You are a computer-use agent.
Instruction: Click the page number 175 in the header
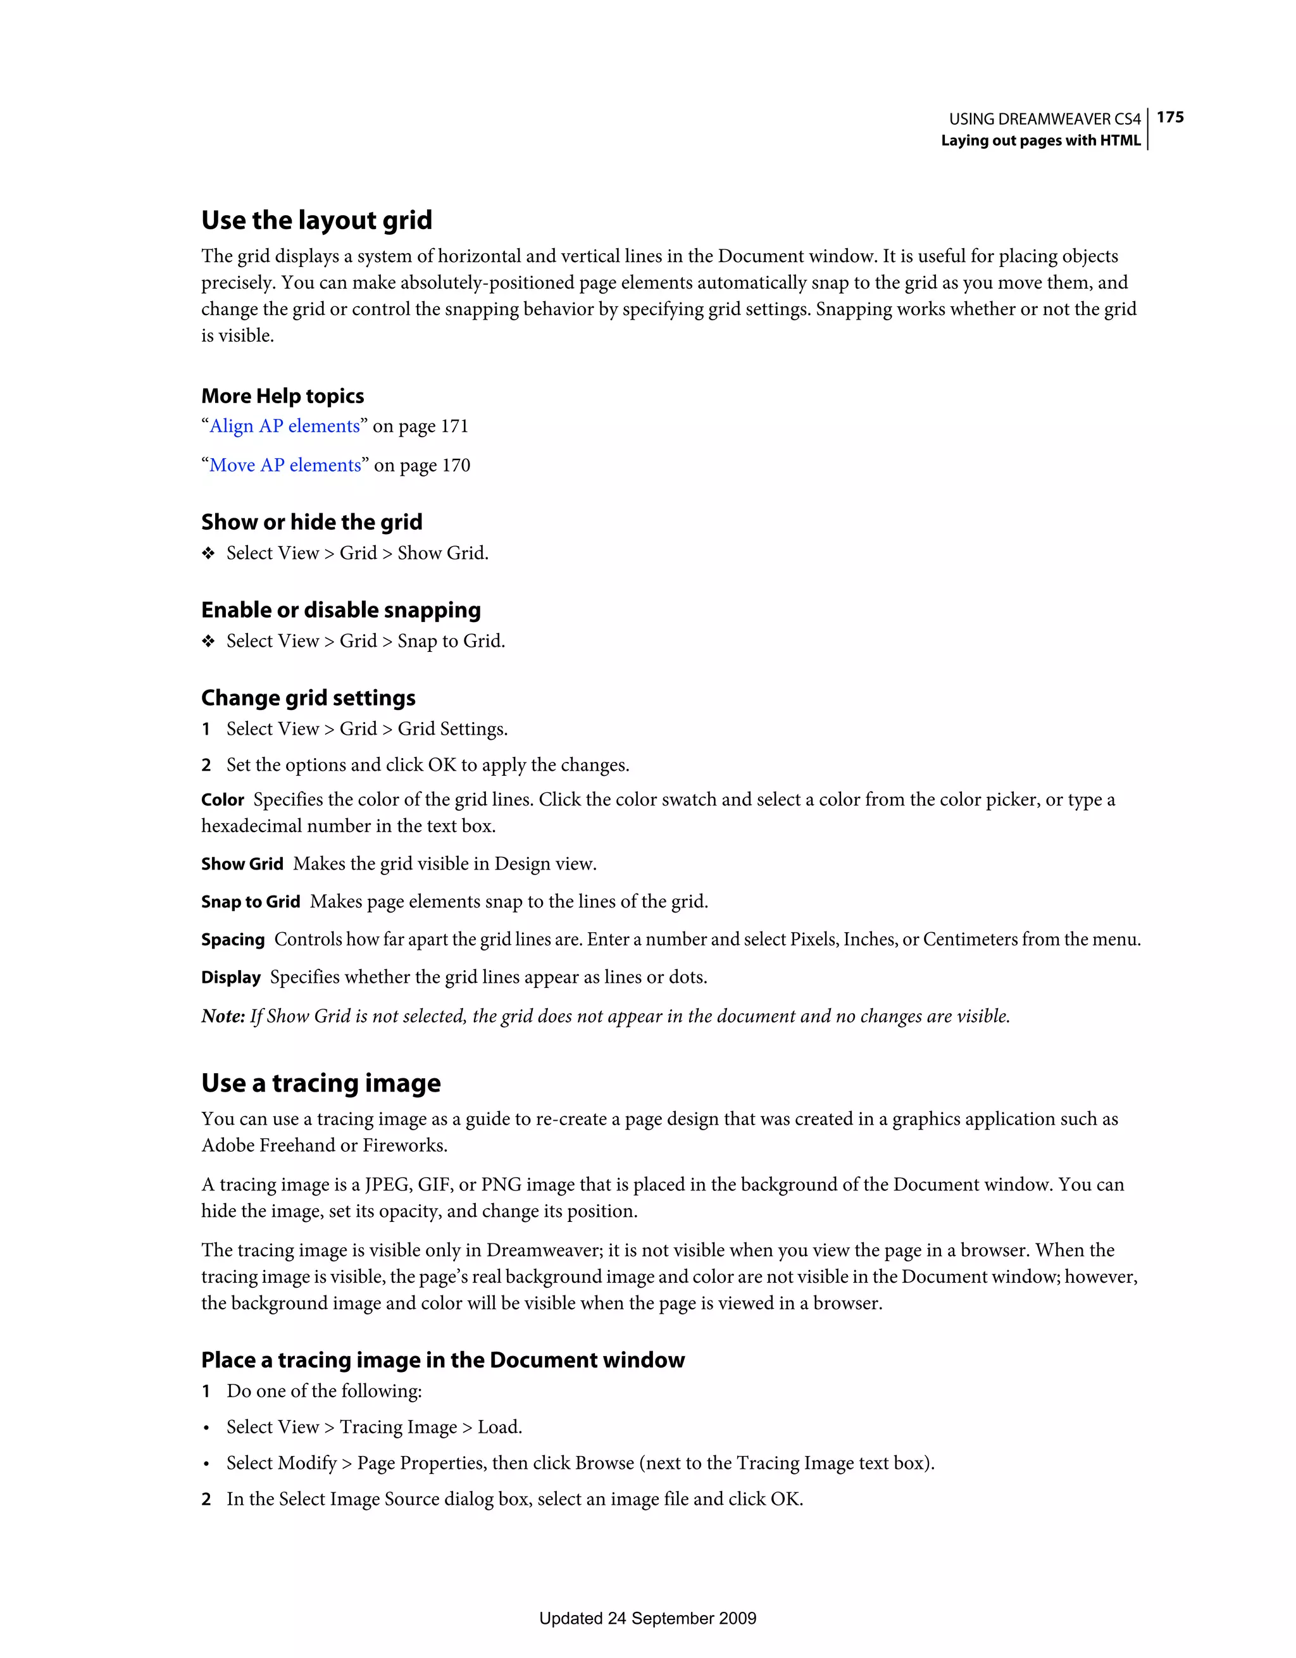[1170, 117]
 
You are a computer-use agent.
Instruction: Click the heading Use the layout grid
[316, 220]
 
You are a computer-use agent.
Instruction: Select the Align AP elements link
[285, 426]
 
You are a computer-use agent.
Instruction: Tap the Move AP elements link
[285, 465]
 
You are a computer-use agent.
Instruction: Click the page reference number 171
[454, 426]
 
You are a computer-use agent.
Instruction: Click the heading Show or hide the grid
[311, 522]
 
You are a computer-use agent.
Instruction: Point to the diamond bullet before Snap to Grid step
[208, 642]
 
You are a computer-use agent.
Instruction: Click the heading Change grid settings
[308, 697]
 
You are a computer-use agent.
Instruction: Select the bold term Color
[223, 800]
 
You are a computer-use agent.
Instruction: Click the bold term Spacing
[232, 940]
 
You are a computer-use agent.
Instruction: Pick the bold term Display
[231, 978]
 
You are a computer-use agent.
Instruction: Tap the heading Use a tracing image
[320, 1083]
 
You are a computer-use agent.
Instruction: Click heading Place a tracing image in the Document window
[442, 1360]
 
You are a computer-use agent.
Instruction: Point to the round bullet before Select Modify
[206, 1464]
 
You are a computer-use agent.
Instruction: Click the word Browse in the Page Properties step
[604, 1463]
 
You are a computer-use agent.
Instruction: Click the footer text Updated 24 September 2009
[647, 1619]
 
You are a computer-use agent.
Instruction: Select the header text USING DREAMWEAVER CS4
[1045, 119]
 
